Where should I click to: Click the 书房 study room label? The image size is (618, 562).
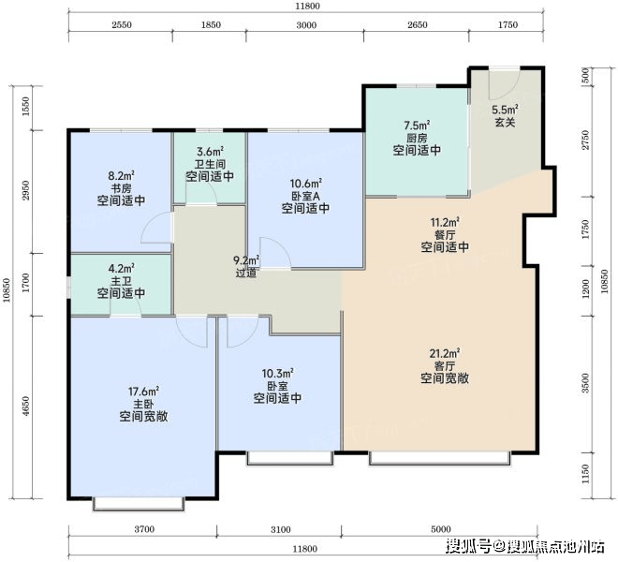coord(121,187)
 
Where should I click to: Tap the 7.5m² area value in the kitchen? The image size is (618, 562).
coord(417,126)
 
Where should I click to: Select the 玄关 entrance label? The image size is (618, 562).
coord(505,123)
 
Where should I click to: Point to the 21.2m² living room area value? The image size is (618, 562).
coord(445,353)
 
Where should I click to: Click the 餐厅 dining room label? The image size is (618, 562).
coord(445,235)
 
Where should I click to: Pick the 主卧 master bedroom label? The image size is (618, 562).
coord(143,405)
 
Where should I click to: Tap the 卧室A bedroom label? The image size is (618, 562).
coord(305,196)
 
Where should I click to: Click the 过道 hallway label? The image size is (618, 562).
coord(246,273)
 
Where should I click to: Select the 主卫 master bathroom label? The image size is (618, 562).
coord(121,281)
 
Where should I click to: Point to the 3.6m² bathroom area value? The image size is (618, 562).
coord(211,152)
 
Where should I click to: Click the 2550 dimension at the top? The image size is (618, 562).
coord(122,25)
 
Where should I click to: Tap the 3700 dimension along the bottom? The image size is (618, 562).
coord(144,529)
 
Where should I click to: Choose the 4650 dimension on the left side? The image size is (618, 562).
coord(25,407)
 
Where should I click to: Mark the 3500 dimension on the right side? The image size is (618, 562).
coord(585,383)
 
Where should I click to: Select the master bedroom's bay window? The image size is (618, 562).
coord(139,504)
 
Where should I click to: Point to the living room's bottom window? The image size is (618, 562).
coord(440,458)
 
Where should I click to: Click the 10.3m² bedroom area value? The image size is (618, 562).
coord(277,373)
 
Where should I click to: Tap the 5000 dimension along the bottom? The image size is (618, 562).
coord(441,529)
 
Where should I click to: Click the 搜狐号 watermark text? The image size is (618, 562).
coord(468,547)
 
